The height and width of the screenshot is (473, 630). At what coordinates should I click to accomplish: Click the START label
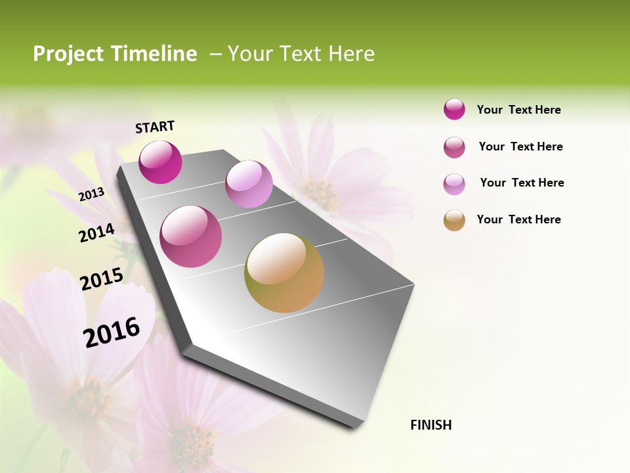click(x=155, y=127)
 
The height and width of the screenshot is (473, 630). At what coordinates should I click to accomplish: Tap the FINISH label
click(x=430, y=425)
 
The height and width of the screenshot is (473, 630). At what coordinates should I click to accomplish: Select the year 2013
click(x=91, y=194)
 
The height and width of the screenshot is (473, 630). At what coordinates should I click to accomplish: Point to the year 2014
click(x=96, y=233)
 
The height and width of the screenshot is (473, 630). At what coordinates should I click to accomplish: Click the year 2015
click(x=101, y=279)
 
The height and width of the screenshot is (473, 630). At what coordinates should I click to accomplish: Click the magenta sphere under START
click(x=160, y=162)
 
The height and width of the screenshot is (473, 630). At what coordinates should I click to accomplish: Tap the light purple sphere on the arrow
click(x=249, y=184)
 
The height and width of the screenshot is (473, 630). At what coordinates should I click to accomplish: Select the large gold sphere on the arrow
click(x=284, y=273)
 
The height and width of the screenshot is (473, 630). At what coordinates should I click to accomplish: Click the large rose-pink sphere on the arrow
click(x=191, y=236)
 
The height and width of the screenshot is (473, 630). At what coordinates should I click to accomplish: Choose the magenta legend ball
click(x=454, y=109)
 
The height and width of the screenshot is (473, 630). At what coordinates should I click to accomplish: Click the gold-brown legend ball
click(x=454, y=220)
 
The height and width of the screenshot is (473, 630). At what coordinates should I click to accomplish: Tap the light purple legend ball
click(x=454, y=184)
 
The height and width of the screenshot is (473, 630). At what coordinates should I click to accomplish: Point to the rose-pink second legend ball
click(x=454, y=147)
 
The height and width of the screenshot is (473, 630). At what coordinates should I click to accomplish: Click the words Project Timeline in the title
click(x=115, y=54)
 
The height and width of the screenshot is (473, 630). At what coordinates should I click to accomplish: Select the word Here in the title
click(x=351, y=54)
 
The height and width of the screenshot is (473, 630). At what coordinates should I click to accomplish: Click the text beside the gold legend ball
click(x=518, y=219)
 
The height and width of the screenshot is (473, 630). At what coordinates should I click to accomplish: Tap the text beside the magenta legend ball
click(x=518, y=110)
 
